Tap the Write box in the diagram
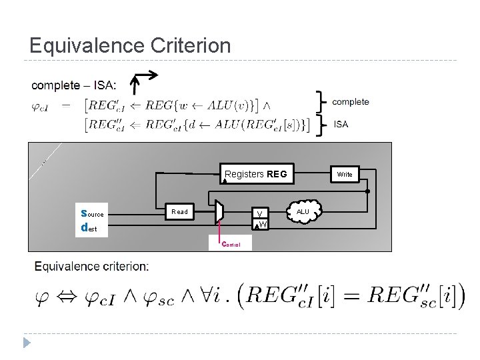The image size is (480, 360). click(x=344, y=175)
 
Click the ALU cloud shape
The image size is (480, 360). click(x=303, y=211)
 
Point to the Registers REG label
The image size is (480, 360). click(x=255, y=175)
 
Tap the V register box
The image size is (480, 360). click(x=263, y=214)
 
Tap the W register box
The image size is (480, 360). click(x=263, y=224)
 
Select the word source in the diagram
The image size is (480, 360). click(x=91, y=214)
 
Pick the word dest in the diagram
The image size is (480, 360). click(x=87, y=228)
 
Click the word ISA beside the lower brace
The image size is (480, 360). click(x=341, y=123)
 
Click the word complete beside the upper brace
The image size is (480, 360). click(x=350, y=102)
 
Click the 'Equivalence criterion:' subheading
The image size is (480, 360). click(x=92, y=267)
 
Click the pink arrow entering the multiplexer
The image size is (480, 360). click(x=220, y=231)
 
